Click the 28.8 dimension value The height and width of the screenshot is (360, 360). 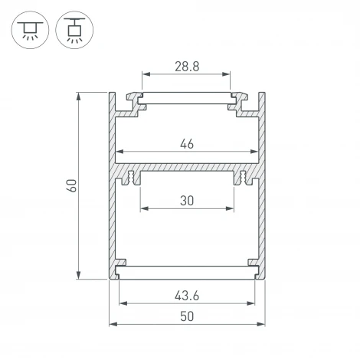[x=186, y=67]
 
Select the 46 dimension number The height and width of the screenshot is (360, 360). [x=186, y=142]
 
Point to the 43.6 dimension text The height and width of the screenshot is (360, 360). [x=186, y=295]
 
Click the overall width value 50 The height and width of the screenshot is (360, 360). [x=186, y=316]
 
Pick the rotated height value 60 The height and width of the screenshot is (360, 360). [x=71, y=186]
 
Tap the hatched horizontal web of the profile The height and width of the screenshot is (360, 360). [x=186, y=167]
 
